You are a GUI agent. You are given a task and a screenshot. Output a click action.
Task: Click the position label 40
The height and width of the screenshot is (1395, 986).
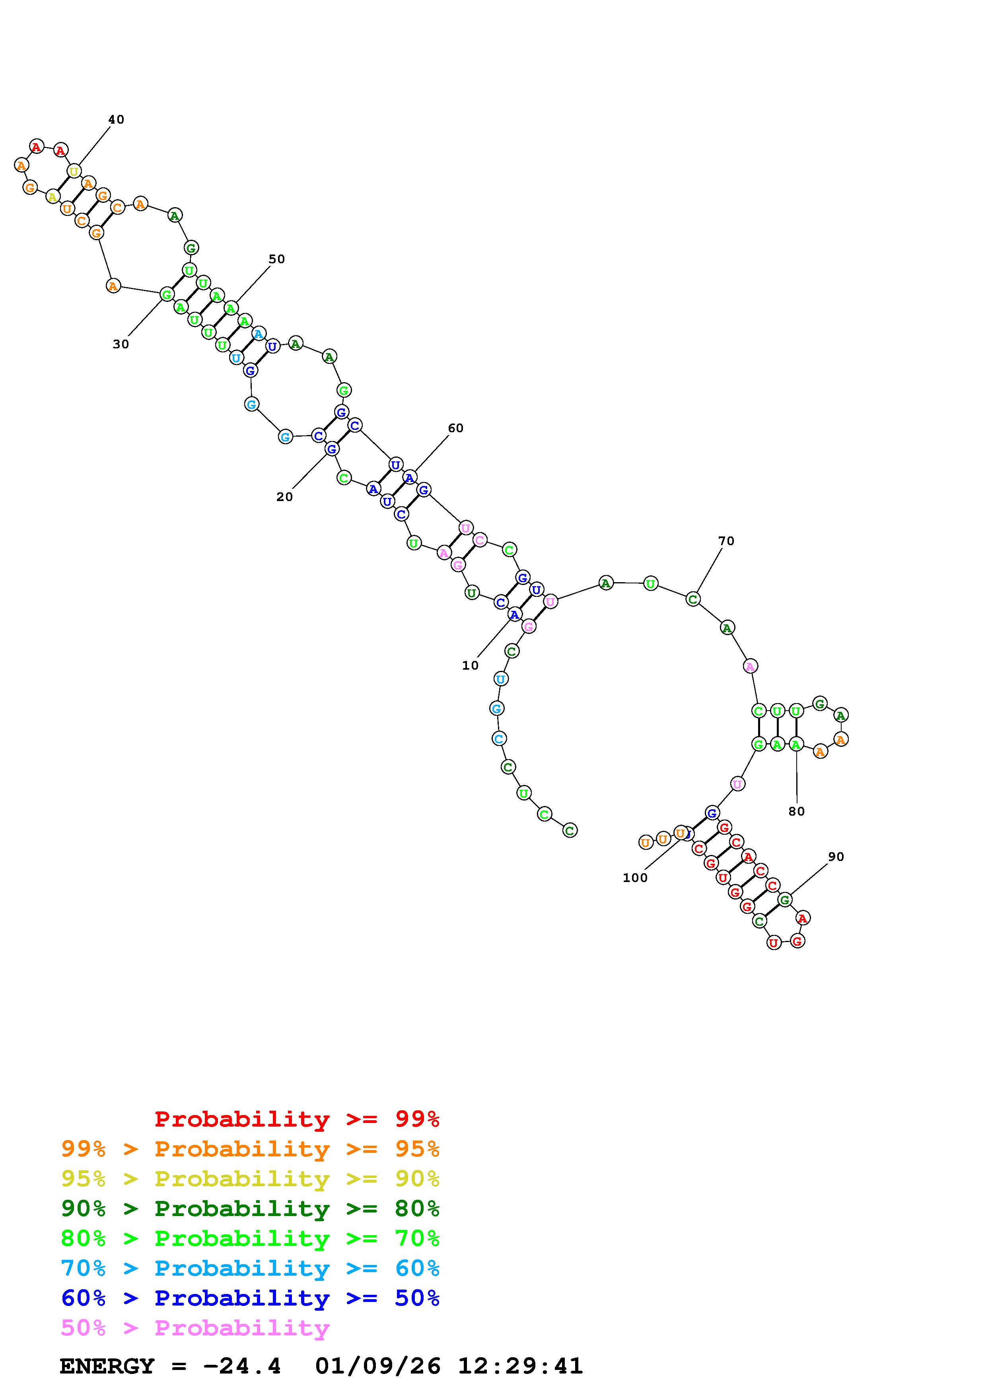click(x=116, y=120)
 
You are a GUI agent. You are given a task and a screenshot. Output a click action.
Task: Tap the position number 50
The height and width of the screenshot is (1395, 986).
click(x=276, y=259)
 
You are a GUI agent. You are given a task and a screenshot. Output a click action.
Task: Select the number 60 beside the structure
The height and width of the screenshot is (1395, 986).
click(x=456, y=428)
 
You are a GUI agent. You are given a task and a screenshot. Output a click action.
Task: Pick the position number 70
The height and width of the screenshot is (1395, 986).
click(x=726, y=541)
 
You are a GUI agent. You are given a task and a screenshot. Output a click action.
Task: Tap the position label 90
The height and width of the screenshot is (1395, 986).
click(x=836, y=857)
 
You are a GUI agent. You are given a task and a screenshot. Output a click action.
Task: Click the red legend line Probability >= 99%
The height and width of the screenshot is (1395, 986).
click(x=297, y=1119)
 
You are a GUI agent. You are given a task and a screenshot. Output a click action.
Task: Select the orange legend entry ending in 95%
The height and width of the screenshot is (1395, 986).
click(x=250, y=1149)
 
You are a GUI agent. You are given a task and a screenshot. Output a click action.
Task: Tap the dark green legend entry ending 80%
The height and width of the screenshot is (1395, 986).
click(x=250, y=1208)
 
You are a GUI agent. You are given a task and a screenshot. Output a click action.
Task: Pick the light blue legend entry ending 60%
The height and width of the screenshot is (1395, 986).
click(x=250, y=1268)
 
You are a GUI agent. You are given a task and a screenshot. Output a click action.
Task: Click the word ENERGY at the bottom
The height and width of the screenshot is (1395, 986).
click(x=107, y=1366)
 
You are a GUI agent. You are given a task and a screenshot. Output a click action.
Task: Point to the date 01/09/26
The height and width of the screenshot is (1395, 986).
click(x=378, y=1366)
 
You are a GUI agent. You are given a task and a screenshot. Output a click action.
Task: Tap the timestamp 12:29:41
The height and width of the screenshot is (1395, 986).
click(x=520, y=1366)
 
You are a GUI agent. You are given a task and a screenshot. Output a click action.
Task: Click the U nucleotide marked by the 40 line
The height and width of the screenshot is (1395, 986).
click(x=74, y=171)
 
